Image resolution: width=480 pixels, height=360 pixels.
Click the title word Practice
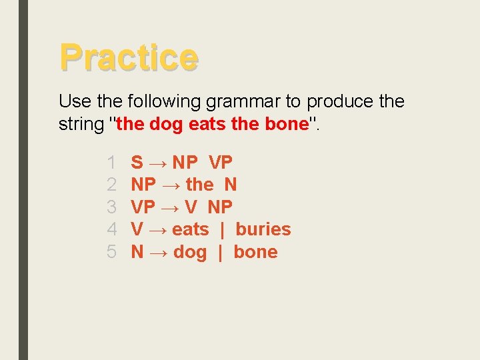(x=129, y=57)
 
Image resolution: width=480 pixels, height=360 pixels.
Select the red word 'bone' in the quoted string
(x=286, y=125)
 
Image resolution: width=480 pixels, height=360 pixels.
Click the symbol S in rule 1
(x=137, y=162)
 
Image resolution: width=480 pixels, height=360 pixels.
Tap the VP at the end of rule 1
(x=221, y=162)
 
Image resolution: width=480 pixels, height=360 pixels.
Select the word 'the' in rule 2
(x=199, y=185)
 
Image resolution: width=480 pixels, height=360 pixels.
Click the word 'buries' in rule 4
(x=263, y=229)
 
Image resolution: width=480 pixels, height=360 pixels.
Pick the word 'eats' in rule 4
(x=190, y=229)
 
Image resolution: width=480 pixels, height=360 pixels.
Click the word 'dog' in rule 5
(x=190, y=253)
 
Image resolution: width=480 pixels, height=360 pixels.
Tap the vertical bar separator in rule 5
(x=220, y=252)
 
